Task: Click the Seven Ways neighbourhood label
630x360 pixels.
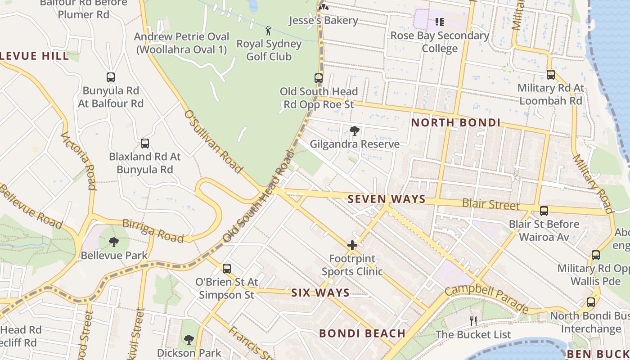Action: [387, 199]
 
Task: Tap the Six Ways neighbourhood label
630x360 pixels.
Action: [320, 293]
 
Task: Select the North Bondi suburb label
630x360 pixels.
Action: [455, 122]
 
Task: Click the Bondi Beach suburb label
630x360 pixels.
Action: [362, 333]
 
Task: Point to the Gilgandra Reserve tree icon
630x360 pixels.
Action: [355, 131]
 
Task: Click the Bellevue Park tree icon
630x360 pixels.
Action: [114, 242]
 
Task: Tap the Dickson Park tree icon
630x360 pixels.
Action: [189, 339]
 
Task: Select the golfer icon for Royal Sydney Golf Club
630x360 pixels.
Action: [269, 31]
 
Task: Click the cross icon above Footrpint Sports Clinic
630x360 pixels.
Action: [352, 246]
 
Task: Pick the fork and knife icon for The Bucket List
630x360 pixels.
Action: [473, 321]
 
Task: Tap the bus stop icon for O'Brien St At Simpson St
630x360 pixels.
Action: [227, 269]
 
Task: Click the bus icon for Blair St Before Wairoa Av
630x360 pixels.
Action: [544, 211]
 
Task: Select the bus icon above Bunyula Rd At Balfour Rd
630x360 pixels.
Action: [111, 77]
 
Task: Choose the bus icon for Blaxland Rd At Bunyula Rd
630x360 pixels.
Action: [145, 144]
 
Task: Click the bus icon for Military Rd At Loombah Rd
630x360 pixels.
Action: [550, 75]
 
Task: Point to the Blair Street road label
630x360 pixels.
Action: [490, 204]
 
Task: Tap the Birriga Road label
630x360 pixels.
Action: [153, 230]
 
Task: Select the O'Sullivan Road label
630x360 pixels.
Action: [213, 140]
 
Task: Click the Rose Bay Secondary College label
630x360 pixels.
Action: [440, 42]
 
